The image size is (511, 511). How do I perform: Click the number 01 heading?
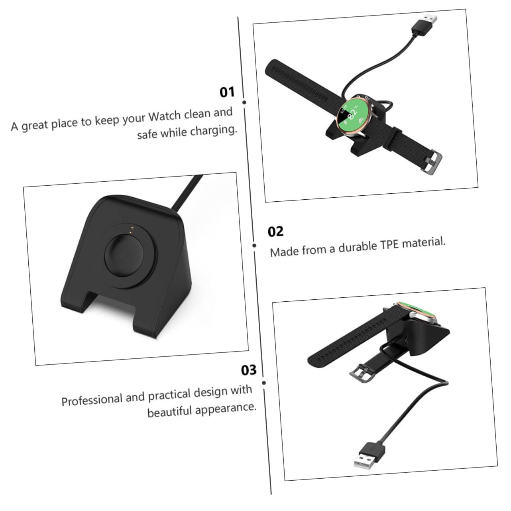point(227,92)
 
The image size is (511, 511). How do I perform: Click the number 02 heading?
point(275,232)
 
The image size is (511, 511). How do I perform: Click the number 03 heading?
point(249,370)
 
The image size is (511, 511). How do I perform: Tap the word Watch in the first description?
point(165,117)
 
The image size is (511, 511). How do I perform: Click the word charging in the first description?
point(213,130)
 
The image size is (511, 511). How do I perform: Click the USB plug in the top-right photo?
point(425,21)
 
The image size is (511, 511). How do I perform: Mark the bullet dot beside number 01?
point(244,102)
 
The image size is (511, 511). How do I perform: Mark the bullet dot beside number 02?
point(254,245)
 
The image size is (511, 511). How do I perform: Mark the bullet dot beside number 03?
point(264,383)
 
